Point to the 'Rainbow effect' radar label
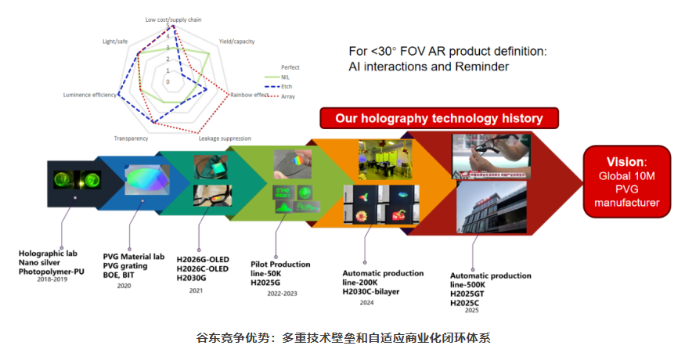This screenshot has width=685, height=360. (x=249, y=95)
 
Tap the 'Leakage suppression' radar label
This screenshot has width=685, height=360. (x=225, y=139)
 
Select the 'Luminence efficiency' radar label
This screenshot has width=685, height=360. (x=89, y=95)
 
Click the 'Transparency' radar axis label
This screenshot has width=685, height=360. (x=130, y=139)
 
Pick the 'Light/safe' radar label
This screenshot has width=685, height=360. (x=116, y=41)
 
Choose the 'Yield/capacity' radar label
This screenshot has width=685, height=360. (x=236, y=41)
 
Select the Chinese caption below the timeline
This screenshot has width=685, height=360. (x=343, y=339)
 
